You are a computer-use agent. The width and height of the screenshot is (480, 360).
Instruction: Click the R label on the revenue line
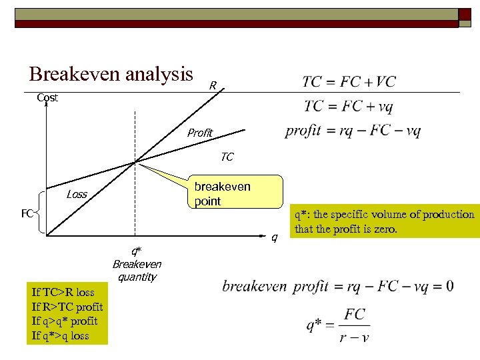coord(212,85)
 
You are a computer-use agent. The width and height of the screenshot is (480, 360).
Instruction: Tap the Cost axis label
coord(47,97)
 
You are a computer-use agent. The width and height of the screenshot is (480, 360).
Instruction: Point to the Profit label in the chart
coord(199,133)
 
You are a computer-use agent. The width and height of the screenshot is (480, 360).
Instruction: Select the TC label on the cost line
coord(227,157)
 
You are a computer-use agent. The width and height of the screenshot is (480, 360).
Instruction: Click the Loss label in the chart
coord(77,195)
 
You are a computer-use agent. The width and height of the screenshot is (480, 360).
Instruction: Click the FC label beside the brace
coord(27,214)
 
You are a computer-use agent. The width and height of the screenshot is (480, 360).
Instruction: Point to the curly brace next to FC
coord(41,213)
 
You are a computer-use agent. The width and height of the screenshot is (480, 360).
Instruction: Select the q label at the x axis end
coord(274,237)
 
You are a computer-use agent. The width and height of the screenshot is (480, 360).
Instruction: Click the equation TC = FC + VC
coord(349,82)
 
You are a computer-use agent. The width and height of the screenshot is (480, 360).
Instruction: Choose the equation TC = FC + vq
coord(349,106)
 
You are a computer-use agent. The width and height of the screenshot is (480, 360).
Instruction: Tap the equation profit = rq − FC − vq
coord(353,130)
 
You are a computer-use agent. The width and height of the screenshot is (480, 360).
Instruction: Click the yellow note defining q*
coord(384,222)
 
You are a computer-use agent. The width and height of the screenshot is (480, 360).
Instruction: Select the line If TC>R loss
coord(63,292)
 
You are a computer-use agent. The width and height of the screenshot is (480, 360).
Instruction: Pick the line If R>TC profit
coord(67,307)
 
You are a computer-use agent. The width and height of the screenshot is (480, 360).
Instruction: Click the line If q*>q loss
coord(60,335)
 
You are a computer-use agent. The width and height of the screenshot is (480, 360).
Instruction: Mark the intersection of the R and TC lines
coord(135,161)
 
